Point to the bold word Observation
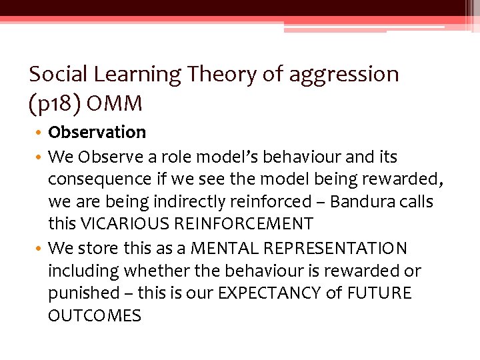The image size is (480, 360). coord(97,133)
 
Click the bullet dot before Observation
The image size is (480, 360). coord(39,133)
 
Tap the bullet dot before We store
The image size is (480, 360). coord(39,249)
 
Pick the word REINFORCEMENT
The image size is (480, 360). coord(243,224)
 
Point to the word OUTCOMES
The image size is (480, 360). coord(95,316)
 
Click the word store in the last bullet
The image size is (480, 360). coord(98,249)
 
